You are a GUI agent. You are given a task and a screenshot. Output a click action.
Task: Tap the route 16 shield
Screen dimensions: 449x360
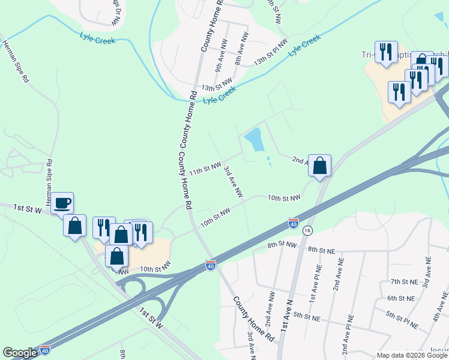(x=308, y=230)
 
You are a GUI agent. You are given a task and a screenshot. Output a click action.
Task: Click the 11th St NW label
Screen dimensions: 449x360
(x=206, y=168)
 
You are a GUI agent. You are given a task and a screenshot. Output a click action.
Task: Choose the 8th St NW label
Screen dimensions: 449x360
(x=282, y=244)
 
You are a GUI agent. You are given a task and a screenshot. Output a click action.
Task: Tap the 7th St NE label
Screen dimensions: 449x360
(x=403, y=281)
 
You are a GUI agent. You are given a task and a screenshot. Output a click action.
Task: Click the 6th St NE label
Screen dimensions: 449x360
(x=401, y=298)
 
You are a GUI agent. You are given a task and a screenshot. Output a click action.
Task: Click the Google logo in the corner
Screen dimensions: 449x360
(x=19, y=353)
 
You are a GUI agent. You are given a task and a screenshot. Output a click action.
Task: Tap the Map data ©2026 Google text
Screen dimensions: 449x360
(x=411, y=355)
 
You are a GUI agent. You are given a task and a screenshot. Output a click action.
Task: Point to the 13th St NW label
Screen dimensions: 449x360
(x=217, y=83)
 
